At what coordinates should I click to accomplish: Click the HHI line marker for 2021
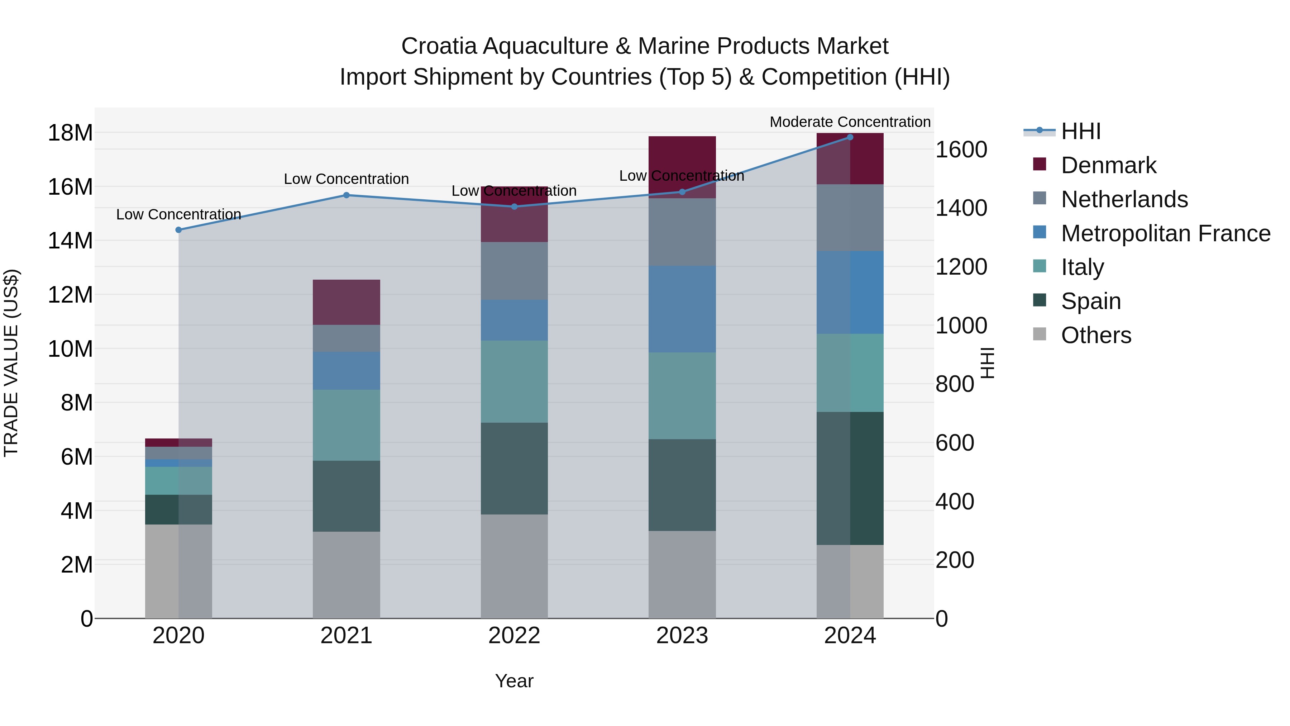pos(346,195)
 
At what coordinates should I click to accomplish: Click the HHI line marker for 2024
pos(850,137)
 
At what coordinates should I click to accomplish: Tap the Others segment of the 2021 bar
pos(346,574)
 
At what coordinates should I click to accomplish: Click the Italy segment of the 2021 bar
pos(346,425)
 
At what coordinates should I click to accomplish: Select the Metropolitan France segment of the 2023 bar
pos(682,309)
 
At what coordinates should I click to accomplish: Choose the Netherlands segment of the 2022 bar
pos(514,271)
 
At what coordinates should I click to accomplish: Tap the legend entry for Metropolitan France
pos(1165,233)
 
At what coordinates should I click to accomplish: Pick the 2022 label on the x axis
pos(514,636)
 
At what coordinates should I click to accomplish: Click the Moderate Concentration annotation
pos(850,122)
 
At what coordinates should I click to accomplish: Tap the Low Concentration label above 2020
pos(178,214)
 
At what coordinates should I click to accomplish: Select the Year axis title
pos(514,681)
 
